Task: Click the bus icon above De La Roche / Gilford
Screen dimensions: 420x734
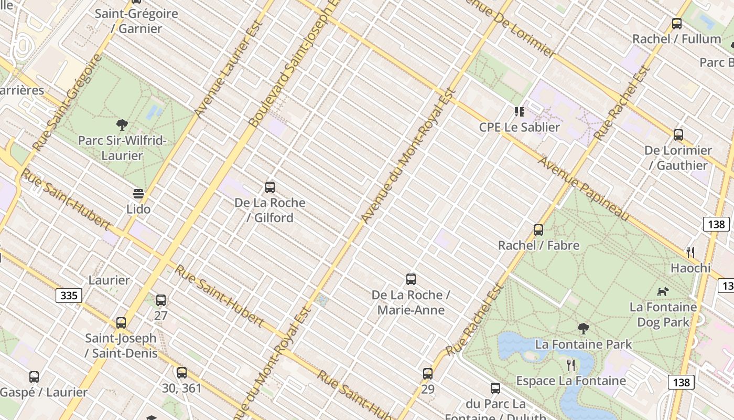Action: [x=270, y=187]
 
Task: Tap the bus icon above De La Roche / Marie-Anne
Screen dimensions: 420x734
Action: [x=411, y=279]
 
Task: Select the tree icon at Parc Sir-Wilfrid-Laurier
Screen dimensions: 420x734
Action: [x=122, y=125]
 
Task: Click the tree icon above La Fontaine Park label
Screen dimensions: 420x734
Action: [x=583, y=329]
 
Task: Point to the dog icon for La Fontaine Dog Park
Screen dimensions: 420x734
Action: [x=663, y=291]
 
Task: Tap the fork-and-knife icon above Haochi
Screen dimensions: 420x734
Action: [x=690, y=253]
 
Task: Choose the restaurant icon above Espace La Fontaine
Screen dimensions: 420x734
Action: [x=571, y=365]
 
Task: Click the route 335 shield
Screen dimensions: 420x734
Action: [x=69, y=296]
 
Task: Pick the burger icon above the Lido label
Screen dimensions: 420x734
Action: [x=138, y=194]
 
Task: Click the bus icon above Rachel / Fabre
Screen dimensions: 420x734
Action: [x=538, y=230]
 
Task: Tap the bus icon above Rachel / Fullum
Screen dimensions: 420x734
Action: [x=677, y=24]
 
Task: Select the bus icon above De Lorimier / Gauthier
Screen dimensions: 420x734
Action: [x=678, y=135]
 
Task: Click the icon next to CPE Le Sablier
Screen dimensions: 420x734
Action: [x=520, y=112]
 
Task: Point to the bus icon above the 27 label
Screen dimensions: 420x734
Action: [x=161, y=300]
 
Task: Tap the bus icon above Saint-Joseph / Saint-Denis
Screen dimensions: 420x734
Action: [x=121, y=323]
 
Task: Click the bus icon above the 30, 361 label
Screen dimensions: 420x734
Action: [x=182, y=373]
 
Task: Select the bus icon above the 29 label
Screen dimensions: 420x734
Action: [x=428, y=374]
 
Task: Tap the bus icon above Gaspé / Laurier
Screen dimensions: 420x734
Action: [x=34, y=377]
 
